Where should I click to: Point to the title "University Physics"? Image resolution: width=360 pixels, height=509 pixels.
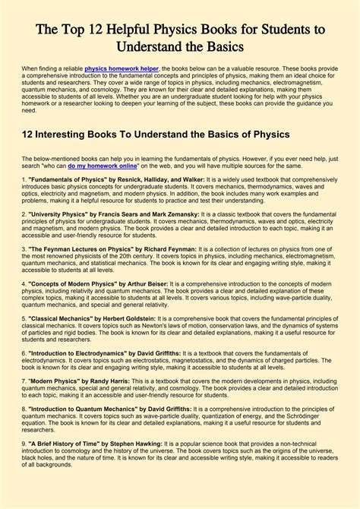[x=49, y=215]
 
